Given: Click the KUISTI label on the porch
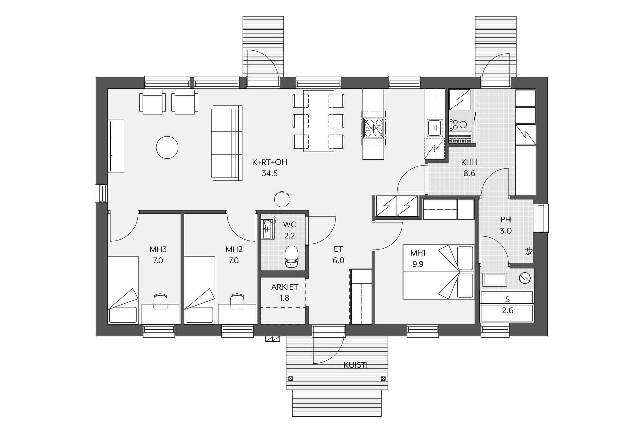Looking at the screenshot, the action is pyautogui.click(x=356, y=365).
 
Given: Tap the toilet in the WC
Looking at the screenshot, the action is pyautogui.click(x=291, y=257).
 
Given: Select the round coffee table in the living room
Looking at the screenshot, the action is pyautogui.click(x=167, y=147).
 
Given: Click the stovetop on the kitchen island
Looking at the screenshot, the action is pyautogui.click(x=373, y=128).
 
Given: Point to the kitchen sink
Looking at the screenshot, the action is pyautogui.click(x=435, y=128).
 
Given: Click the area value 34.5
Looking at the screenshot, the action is pyautogui.click(x=270, y=173).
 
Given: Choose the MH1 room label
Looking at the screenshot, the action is pyautogui.click(x=418, y=253).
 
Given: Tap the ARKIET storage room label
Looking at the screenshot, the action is pyautogui.click(x=285, y=287).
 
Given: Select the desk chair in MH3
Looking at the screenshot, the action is pyautogui.click(x=160, y=301).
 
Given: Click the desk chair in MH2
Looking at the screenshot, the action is pyautogui.click(x=237, y=301).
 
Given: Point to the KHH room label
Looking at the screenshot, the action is pyautogui.click(x=469, y=163).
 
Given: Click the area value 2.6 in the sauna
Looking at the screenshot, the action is pyautogui.click(x=507, y=311).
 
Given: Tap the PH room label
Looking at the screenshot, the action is pyautogui.click(x=506, y=220).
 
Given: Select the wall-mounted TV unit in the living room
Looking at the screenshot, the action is pyautogui.click(x=116, y=146).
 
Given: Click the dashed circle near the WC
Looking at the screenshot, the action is pyautogui.click(x=282, y=199).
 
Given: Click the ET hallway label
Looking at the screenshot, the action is pyautogui.click(x=338, y=249).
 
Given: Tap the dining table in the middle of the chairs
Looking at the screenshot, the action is pyautogui.click(x=319, y=121).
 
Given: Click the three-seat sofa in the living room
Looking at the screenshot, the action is pyautogui.click(x=227, y=143).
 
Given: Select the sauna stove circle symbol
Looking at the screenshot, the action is pyautogui.click(x=524, y=278).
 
